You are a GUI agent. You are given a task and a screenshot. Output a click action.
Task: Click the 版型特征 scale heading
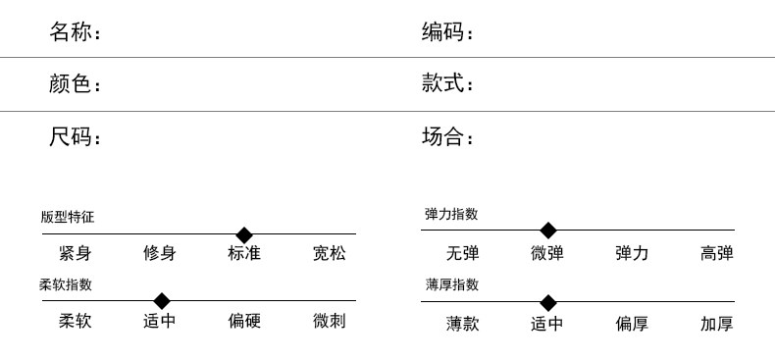[68, 217]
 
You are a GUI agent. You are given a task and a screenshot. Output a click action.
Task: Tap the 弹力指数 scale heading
[451, 214]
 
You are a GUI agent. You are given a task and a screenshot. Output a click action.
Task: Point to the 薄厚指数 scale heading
[451, 284]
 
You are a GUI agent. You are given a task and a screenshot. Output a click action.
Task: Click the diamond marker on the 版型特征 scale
[244, 234]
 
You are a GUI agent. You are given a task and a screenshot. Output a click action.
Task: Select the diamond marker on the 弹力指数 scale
[547, 231]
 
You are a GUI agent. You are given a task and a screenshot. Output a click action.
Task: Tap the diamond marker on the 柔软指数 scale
[162, 301]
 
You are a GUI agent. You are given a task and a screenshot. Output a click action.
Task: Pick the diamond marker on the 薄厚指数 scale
[547, 303]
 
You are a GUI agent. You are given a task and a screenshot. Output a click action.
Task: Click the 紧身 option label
[76, 254]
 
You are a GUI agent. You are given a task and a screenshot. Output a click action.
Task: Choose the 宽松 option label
[330, 254]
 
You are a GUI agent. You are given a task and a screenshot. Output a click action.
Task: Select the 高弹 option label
[717, 253]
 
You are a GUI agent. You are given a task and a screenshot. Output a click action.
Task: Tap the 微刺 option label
[330, 321]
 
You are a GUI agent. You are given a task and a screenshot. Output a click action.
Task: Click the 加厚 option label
[717, 324]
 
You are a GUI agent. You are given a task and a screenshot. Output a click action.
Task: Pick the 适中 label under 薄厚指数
[547, 324]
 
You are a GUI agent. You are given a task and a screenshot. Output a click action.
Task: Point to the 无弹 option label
[463, 253]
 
